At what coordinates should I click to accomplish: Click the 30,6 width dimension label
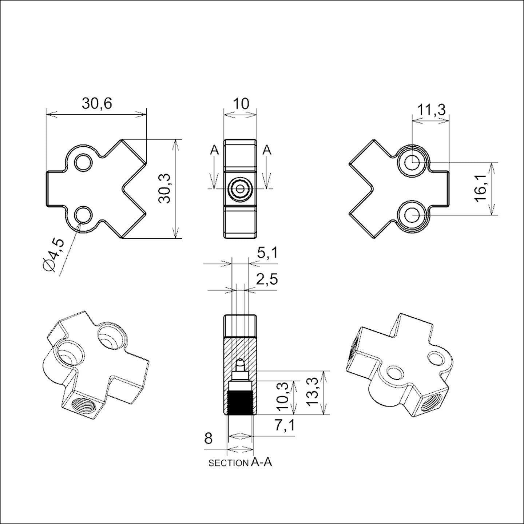pos(96,104)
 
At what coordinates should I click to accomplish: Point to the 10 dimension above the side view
pos(241,104)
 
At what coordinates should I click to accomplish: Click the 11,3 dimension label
pos(431,110)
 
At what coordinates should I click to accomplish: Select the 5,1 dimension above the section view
pos(267,253)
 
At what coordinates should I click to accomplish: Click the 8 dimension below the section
pos(208,438)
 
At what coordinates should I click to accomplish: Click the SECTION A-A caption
pos(240,463)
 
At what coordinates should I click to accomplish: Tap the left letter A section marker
pos(215,150)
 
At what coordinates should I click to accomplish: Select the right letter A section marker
pos(267,150)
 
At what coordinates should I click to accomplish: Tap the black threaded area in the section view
pos(240,403)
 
